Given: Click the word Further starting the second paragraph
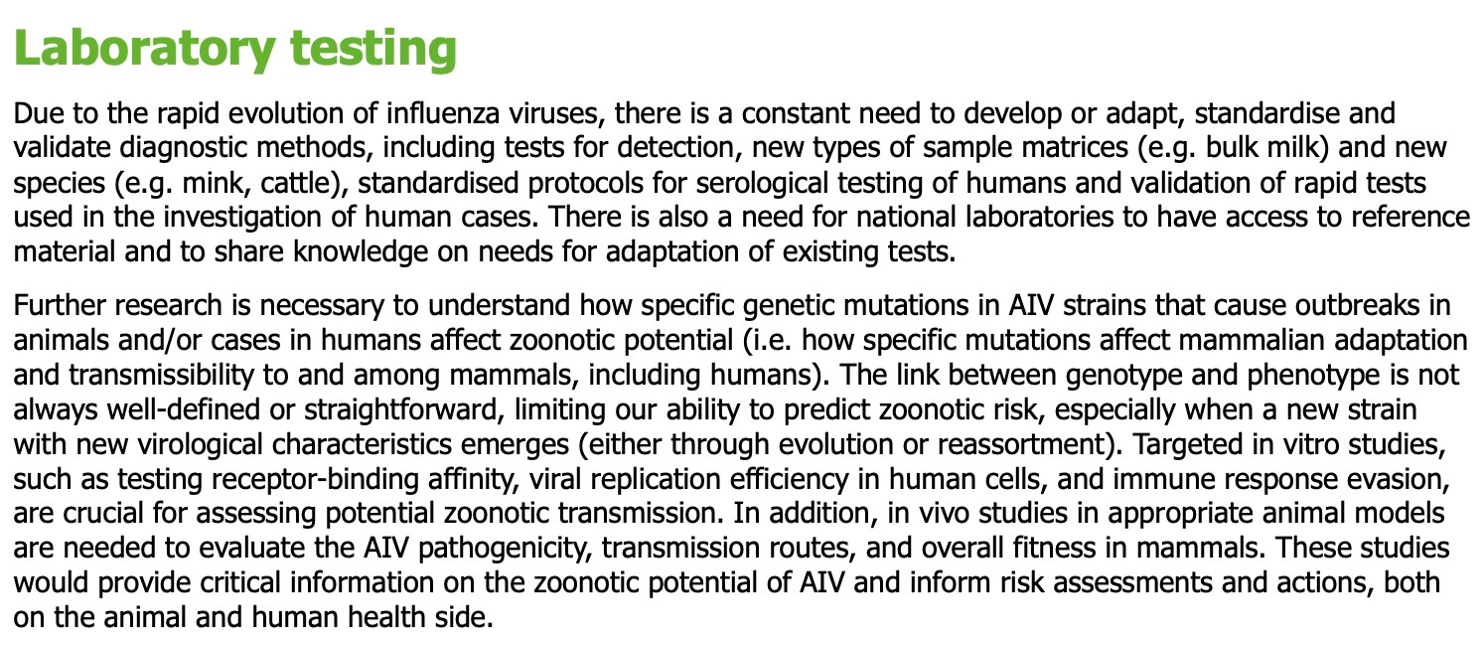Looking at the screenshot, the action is tap(60, 306).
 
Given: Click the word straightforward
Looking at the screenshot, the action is tap(401, 409).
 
